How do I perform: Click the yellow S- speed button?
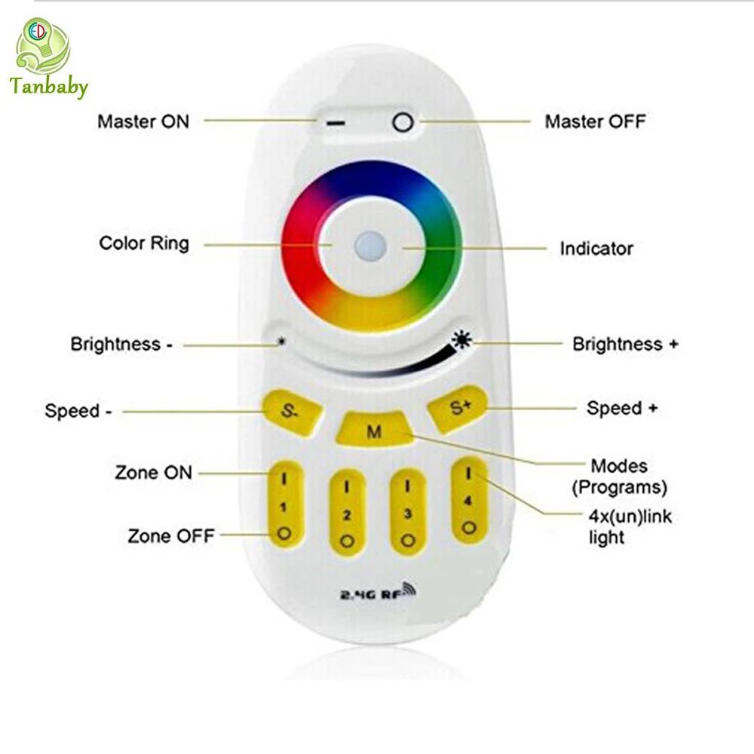coord(291,412)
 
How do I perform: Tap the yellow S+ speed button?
coord(458,408)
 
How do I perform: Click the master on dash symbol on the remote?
coord(336,124)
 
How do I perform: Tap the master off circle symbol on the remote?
coord(403,122)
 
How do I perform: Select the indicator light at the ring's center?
coord(370,247)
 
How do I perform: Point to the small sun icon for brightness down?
coord(282,342)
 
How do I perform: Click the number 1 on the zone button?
coord(284,507)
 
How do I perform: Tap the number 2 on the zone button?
coord(347,515)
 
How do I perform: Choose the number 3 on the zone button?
coord(408,514)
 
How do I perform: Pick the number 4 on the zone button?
coord(468,501)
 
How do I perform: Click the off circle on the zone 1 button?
coord(284,533)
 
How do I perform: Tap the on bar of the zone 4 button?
coord(469,474)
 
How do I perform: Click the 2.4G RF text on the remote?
coord(379,592)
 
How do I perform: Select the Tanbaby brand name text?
coord(48,87)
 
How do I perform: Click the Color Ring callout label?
coord(144,244)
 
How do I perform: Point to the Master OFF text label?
coord(595,121)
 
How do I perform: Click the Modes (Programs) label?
coord(619,477)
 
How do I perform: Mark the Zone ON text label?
coord(153,472)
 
